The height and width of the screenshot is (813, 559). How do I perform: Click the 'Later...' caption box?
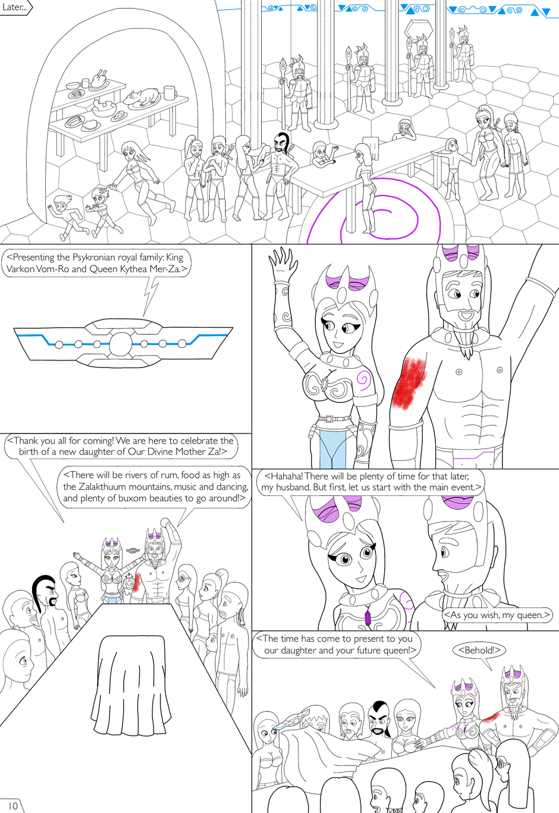[x=15, y=8]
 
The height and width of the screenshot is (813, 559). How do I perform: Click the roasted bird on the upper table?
[x=99, y=79]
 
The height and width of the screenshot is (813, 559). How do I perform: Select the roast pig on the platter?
[x=142, y=98]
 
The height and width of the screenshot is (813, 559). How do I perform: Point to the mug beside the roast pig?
[x=169, y=93]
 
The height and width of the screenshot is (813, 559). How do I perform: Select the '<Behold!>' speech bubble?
[x=479, y=650]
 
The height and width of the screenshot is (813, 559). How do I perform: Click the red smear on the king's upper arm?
[x=409, y=383]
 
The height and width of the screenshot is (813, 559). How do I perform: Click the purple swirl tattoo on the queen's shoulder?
[x=363, y=379]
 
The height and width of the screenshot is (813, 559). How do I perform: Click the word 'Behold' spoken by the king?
[x=479, y=650]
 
